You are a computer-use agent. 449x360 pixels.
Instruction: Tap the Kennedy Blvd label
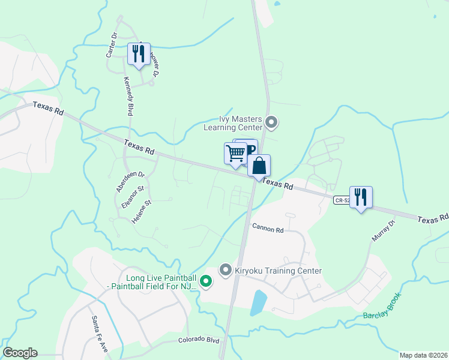[128, 96]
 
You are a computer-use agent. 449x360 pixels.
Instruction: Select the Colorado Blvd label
[198, 340]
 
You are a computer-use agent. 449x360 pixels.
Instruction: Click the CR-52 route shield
[341, 200]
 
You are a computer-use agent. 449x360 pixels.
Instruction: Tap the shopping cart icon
[235, 153]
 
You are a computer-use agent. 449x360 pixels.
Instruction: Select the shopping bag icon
[259, 166]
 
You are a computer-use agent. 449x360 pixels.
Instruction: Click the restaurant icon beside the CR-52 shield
[361, 197]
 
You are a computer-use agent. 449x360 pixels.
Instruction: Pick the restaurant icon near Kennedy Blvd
[139, 54]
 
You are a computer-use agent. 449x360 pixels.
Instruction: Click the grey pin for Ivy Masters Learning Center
[271, 123]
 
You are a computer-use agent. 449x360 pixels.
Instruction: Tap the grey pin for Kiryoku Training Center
[226, 271]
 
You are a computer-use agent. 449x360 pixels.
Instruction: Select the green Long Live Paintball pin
[206, 281]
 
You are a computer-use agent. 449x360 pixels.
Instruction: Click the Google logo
[20, 353]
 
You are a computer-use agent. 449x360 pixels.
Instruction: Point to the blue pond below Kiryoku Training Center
[258, 302]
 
